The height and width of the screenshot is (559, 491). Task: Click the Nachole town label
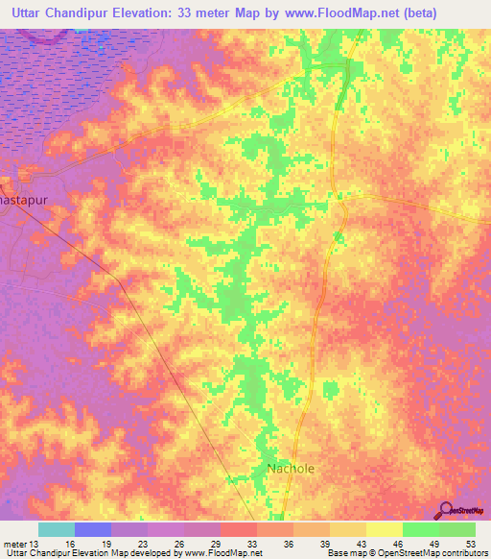(x=290, y=469)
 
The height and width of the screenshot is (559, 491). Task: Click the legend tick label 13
(x=38, y=543)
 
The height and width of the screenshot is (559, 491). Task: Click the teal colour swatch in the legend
(x=57, y=529)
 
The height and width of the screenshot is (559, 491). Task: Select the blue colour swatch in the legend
(x=93, y=529)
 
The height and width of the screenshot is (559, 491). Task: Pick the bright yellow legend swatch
(x=385, y=529)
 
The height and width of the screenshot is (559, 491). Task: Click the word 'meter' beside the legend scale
(x=15, y=543)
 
